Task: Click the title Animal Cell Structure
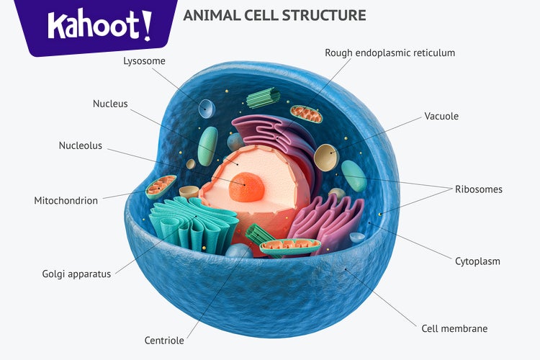click(274, 15)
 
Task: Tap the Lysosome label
click(144, 61)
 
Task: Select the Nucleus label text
click(110, 104)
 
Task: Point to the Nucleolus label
click(81, 146)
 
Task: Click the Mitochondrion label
click(66, 201)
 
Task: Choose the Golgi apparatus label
click(76, 274)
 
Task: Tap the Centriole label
click(164, 341)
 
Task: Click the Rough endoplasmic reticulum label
click(390, 53)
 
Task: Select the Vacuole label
click(441, 116)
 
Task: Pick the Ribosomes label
click(478, 189)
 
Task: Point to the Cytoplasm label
click(477, 261)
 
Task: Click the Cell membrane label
click(454, 328)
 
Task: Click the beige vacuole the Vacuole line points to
click(325, 156)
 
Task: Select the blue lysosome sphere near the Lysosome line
click(207, 109)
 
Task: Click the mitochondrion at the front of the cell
click(289, 247)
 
